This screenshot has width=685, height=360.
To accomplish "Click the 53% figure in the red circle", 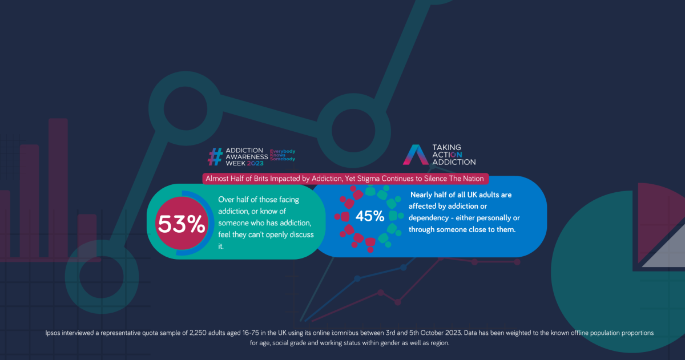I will tap(182, 225).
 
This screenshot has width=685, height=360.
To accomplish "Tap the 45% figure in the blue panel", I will tap(370, 216).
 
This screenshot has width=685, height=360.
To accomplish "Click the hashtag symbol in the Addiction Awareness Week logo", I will tap(215, 156).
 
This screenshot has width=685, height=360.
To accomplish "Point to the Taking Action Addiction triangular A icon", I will tap(414, 155).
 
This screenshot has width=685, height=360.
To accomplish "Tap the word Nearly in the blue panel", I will tap(423, 195).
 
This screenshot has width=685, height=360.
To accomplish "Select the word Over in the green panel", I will tap(227, 199).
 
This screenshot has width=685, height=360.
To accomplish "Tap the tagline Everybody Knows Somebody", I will tap(282, 155).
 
